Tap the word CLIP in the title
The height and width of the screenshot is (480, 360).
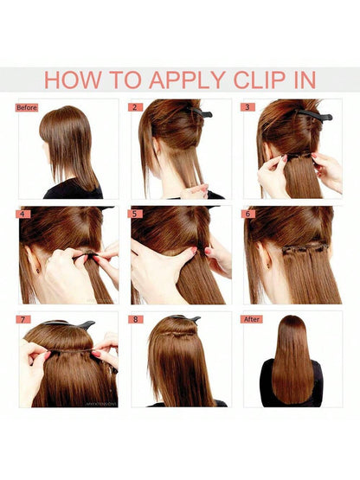[260, 80]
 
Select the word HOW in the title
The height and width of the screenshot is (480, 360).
[73, 80]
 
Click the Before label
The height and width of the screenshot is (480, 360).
[27, 107]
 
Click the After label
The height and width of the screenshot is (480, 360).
[252, 319]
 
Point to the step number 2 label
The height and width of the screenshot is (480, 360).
[135, 107]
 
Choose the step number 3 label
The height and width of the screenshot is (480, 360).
[247, 107]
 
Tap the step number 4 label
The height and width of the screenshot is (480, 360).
[23, 214]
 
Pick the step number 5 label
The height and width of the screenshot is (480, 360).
[135, 214]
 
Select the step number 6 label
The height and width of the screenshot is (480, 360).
[247, 214]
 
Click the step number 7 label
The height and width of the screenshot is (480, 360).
[23, 320]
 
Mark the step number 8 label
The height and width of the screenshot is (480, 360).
[135, 320]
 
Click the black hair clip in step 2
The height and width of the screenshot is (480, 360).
[201, 112]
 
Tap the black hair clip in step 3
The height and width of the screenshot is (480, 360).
[316, 114]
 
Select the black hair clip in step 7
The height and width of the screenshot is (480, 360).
[70, 323]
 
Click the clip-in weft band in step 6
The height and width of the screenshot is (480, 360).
[305, 249]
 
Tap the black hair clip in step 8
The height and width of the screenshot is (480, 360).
[184, 318]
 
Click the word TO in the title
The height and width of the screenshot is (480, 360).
[125, 80]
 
